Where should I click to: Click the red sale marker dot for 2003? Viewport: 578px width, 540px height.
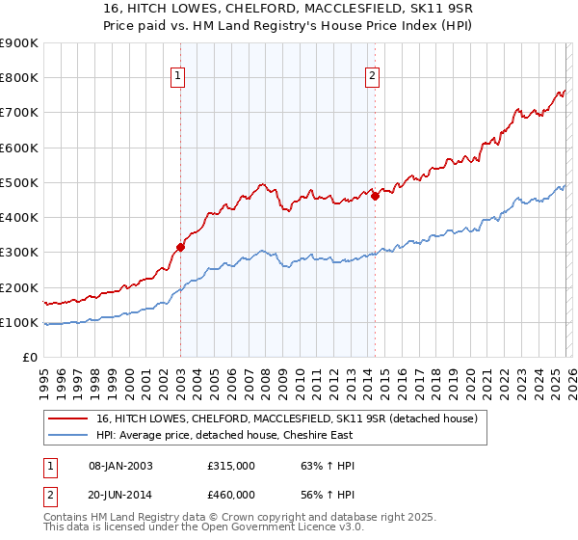click(x=180, y=247)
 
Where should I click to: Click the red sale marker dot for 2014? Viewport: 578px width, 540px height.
click(x=375, y=197)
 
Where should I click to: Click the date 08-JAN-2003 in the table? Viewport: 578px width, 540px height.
click(x=120, y=465)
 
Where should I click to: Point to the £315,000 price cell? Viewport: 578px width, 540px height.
click(x=231, y=465)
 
